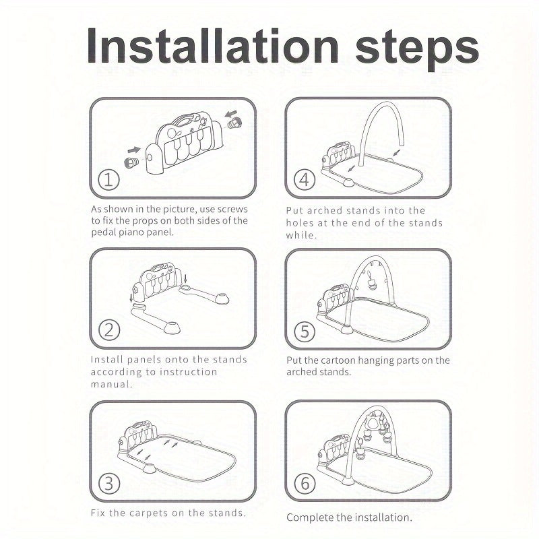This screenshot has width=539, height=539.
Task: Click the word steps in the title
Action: (417, 49)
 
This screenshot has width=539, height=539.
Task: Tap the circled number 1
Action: (108, 180)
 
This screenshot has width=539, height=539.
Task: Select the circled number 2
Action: (109, 330)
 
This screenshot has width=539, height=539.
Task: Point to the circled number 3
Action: (109, 483)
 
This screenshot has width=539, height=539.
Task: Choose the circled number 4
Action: (305, 179)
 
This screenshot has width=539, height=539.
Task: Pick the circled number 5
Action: (305, 331)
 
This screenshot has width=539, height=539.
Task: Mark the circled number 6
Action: (305, 483)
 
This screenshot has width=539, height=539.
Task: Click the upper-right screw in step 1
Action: (234, 123)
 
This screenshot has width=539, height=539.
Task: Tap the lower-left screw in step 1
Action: (131, 162)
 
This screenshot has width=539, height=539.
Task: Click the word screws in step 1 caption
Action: (232, 209)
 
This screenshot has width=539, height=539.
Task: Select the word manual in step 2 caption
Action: (111, 384)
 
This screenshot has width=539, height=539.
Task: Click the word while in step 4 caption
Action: (301, 235)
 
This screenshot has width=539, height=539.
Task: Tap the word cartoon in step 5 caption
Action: (339, 360)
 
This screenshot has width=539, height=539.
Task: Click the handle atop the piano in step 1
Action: (183, 120)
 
